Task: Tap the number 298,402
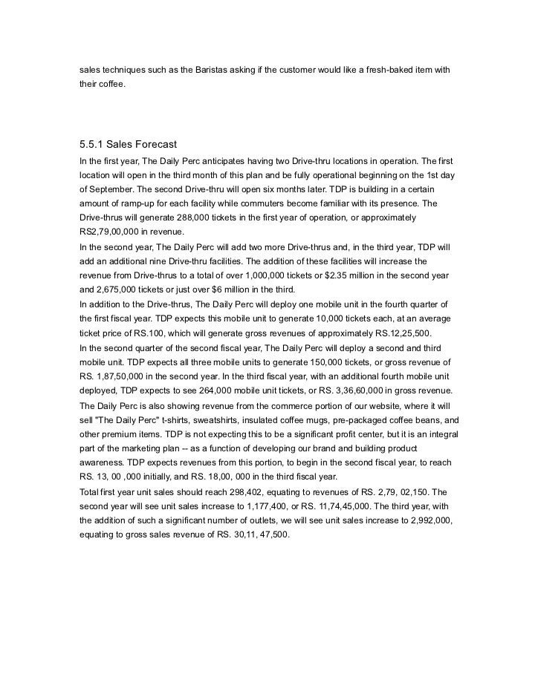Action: point(231,492)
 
